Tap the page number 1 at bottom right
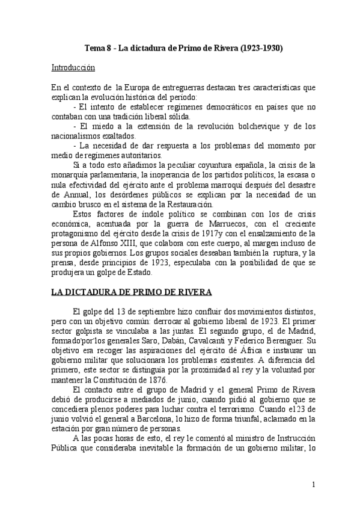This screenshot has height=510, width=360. [x=314, y=484]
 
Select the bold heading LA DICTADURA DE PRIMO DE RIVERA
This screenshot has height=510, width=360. [x=131, y=293]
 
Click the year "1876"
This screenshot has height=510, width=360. [x=157, y=380]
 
